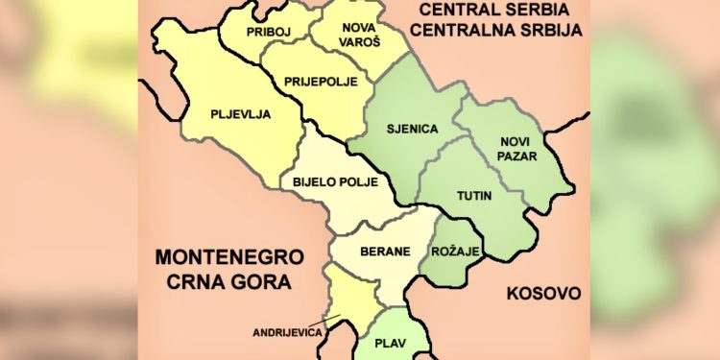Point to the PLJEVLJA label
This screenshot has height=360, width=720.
(x=240, y=114)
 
